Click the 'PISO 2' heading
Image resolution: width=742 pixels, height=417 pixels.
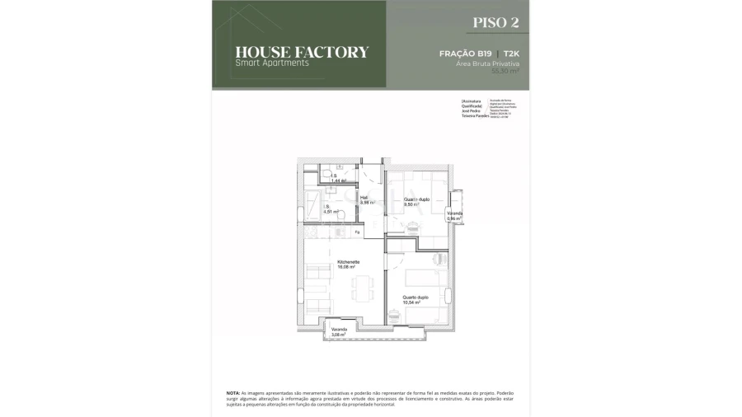496,22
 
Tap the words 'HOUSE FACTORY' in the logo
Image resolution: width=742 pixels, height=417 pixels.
302,52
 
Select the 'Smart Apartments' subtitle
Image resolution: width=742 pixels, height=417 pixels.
272,63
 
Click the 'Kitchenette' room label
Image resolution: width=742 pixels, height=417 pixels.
346,262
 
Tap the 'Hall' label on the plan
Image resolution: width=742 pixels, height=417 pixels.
364,197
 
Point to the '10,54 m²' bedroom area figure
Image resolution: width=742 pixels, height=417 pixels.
411,302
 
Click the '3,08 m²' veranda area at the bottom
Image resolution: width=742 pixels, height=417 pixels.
339,335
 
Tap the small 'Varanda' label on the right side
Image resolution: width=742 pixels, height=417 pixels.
454,213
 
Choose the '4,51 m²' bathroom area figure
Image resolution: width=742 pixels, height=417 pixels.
331,212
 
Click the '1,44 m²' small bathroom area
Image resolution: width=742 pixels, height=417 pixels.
338,180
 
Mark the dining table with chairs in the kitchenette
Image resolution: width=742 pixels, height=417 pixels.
360,289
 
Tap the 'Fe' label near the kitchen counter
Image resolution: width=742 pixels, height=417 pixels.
357,232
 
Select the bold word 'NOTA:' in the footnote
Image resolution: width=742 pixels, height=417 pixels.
233,393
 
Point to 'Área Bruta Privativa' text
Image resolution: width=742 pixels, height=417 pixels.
493,63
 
